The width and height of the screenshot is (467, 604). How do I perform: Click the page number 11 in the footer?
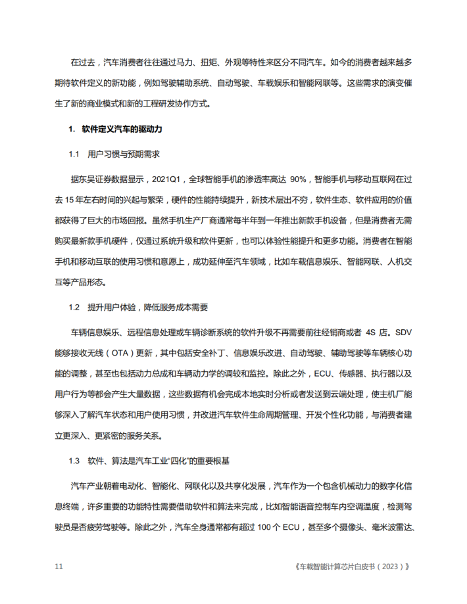(x=59, y=567)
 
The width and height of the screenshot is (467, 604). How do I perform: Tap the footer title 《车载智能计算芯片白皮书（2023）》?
(x=353, y=567)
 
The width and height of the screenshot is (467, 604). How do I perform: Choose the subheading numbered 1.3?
(x=74, y=460)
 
